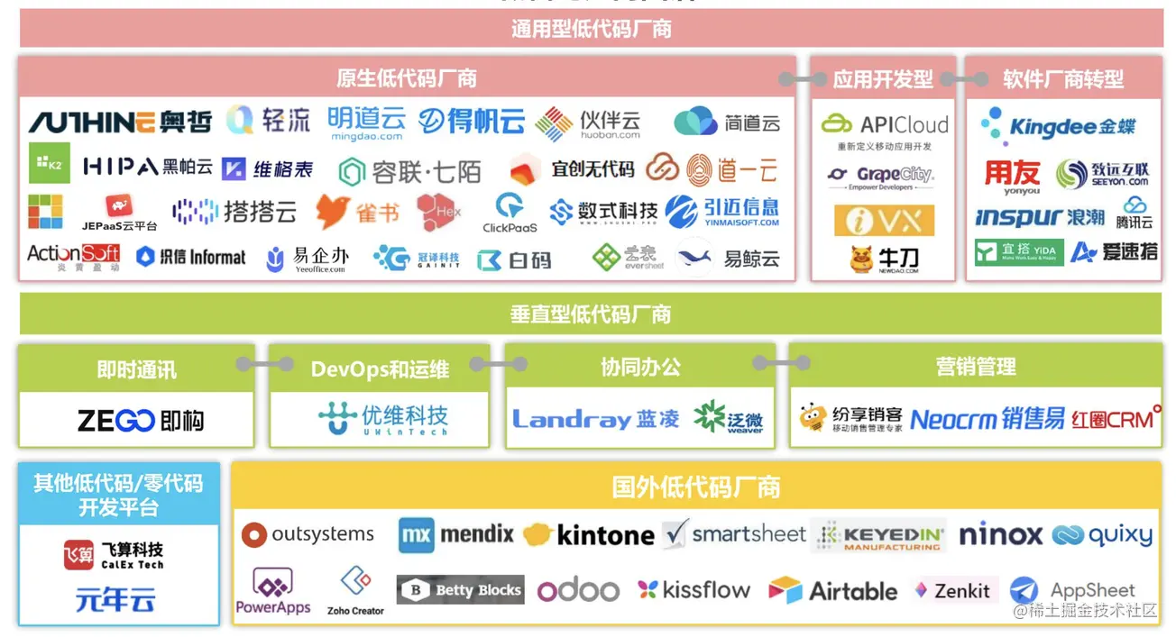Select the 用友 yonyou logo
pos(1012,177)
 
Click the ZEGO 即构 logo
pos(141,421)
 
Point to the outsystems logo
pos(308,534)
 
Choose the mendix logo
pos(456,534)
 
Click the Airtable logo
pos(832,591)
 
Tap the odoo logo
pos(578,591)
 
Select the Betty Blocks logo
pos(461,590)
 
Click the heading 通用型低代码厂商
pos(591,29)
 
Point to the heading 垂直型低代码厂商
pos(591,314)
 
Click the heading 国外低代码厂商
pos(695,487)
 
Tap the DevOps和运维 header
pos(380,369)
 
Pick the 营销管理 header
pos(976,367)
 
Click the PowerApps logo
pos(273,592)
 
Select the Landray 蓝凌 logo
pos(596,419)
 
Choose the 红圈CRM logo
pos(1116,419)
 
